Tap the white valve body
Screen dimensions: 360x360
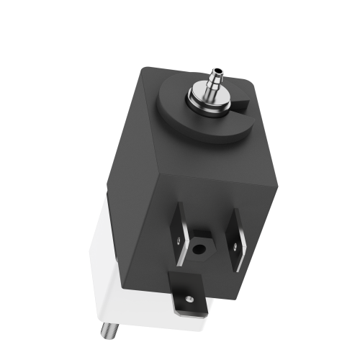tap(122, 274)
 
